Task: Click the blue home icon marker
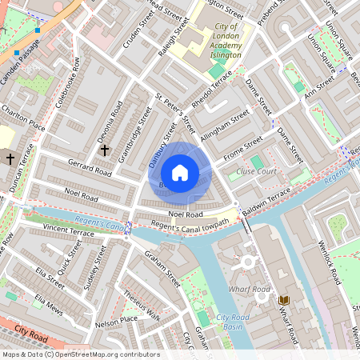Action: pos(180,173)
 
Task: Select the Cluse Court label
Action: pos(257,171)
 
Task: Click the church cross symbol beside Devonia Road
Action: pos(104,150)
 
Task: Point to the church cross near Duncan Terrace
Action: pos(10,159)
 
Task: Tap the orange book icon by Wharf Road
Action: pos(283,299)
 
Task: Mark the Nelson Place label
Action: pos(116,322)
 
